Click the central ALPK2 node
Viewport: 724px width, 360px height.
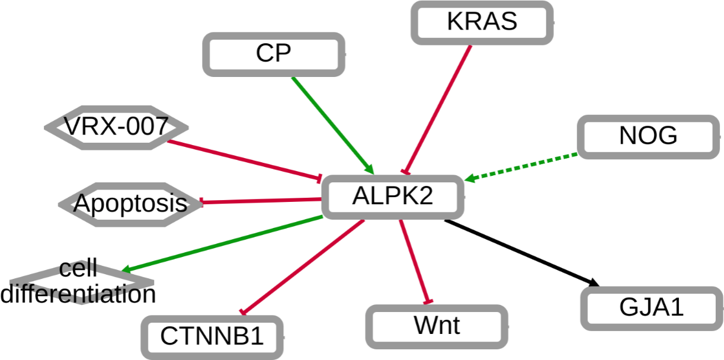tap(392, 197)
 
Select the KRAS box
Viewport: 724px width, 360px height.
tap(482, 22)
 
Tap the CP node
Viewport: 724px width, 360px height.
tap(274, 54)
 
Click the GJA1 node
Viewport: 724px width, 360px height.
tap(651, 308)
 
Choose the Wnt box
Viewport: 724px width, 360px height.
tap(437, 325)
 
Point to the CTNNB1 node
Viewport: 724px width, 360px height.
tap(212, 336)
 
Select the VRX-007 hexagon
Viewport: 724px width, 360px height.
tap(116, 126)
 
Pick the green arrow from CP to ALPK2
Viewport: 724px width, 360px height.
tap(332, 123)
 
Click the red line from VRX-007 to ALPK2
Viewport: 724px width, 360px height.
tap(243, 159)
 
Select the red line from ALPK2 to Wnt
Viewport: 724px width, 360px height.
tap(415, 261)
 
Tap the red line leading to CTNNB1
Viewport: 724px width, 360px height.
tap(302, 266)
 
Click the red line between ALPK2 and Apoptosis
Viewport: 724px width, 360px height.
tap(261, 201)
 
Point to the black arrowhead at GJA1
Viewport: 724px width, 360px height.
tap(594, 283)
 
